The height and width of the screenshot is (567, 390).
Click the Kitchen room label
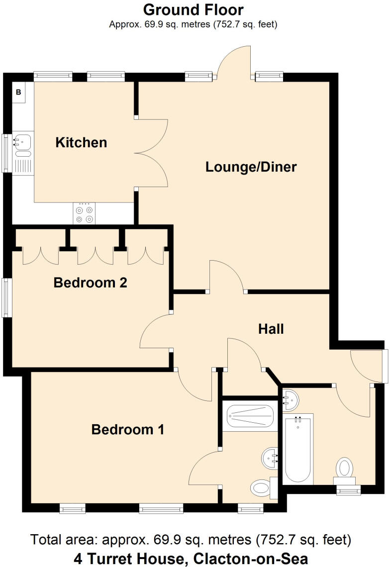81,143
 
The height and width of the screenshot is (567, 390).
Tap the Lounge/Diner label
251,167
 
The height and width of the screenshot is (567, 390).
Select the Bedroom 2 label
90,283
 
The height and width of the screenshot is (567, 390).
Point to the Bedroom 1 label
128,429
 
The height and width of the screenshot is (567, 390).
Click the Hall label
271,329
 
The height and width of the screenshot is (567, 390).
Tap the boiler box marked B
19,92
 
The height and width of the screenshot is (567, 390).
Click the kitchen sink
22,142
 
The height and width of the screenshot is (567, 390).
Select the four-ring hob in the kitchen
84,214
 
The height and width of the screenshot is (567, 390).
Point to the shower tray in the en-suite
250,417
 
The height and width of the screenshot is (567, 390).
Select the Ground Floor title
194,9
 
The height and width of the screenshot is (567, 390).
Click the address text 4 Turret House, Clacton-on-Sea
191,558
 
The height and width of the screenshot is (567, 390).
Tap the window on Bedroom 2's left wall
6,297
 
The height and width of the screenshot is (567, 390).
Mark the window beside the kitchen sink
6,153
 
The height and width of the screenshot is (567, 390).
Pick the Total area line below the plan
191,540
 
